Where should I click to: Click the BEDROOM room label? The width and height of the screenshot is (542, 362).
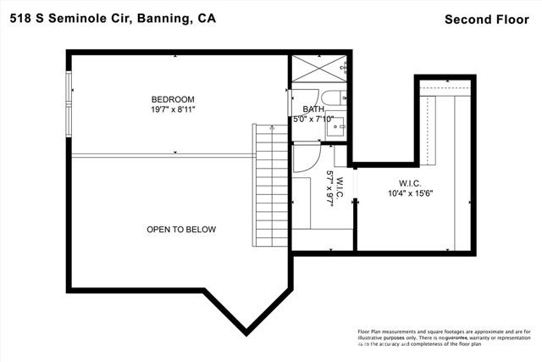pos(173,99)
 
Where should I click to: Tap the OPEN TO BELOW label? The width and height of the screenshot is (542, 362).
pos(181,230)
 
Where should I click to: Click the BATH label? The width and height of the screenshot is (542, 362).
pos(313,109)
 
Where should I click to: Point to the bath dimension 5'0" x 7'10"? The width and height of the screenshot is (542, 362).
pos(313,120)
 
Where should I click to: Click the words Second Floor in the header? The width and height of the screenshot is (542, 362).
pos(487,19)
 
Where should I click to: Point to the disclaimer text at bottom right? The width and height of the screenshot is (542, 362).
pos(444,338)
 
